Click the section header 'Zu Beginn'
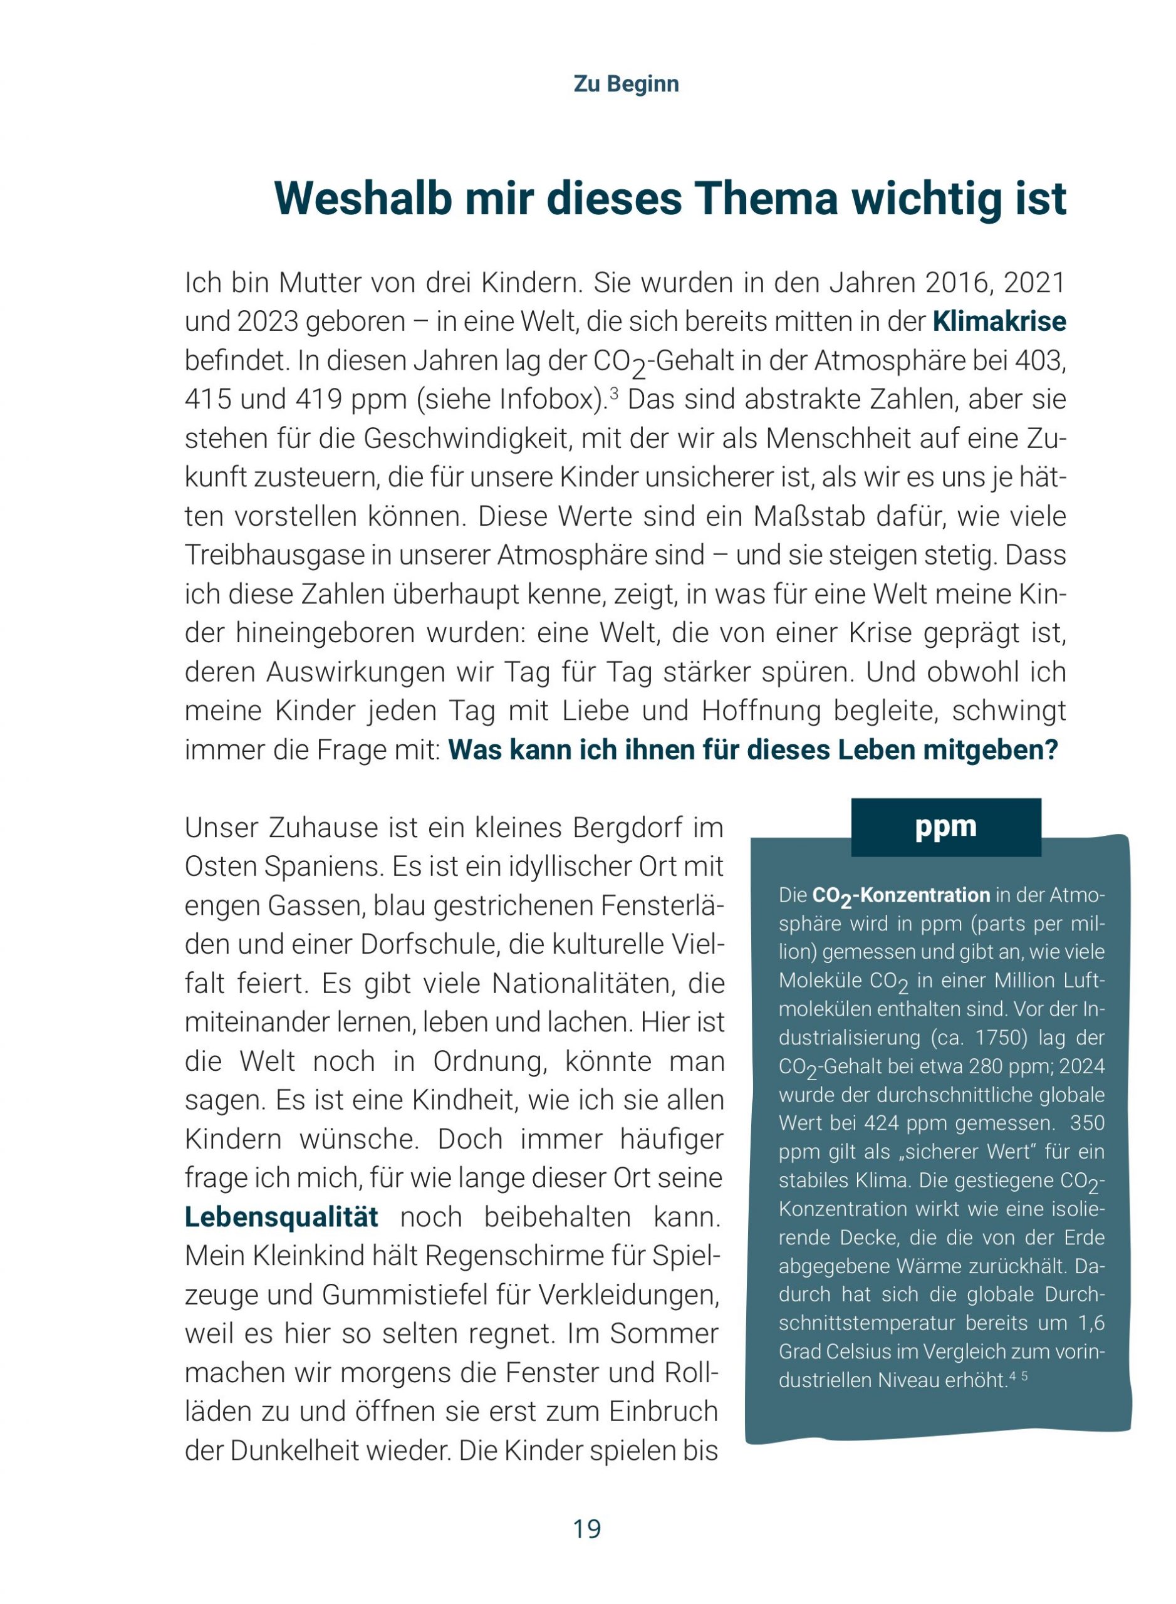626,84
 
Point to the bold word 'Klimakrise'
999,322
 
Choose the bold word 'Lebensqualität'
281,1217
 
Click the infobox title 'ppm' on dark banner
945,826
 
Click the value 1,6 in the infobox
1091,1323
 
